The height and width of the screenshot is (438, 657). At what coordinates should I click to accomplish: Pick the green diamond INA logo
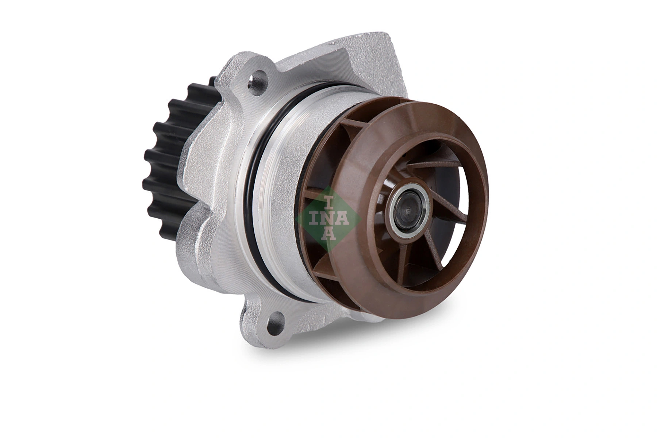point(328,218)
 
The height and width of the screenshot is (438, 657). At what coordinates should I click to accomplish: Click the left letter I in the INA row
point(314,218)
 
